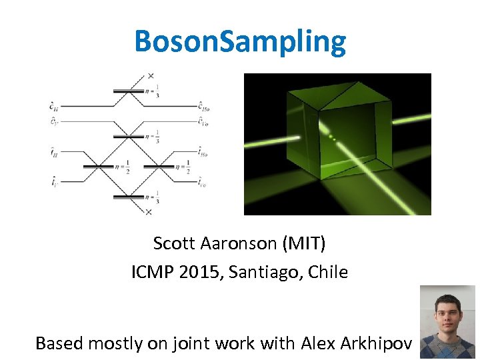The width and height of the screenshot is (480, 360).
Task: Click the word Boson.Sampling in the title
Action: click(x=240, y=41)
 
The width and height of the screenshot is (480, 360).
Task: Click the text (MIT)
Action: click(x=305, y=244)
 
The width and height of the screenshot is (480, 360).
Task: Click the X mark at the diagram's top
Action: click(x=151, y=75)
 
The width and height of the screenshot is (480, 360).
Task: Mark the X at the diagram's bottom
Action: click(x=148, y=212)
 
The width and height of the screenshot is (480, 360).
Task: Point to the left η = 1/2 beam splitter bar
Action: click(x=99, y=166)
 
